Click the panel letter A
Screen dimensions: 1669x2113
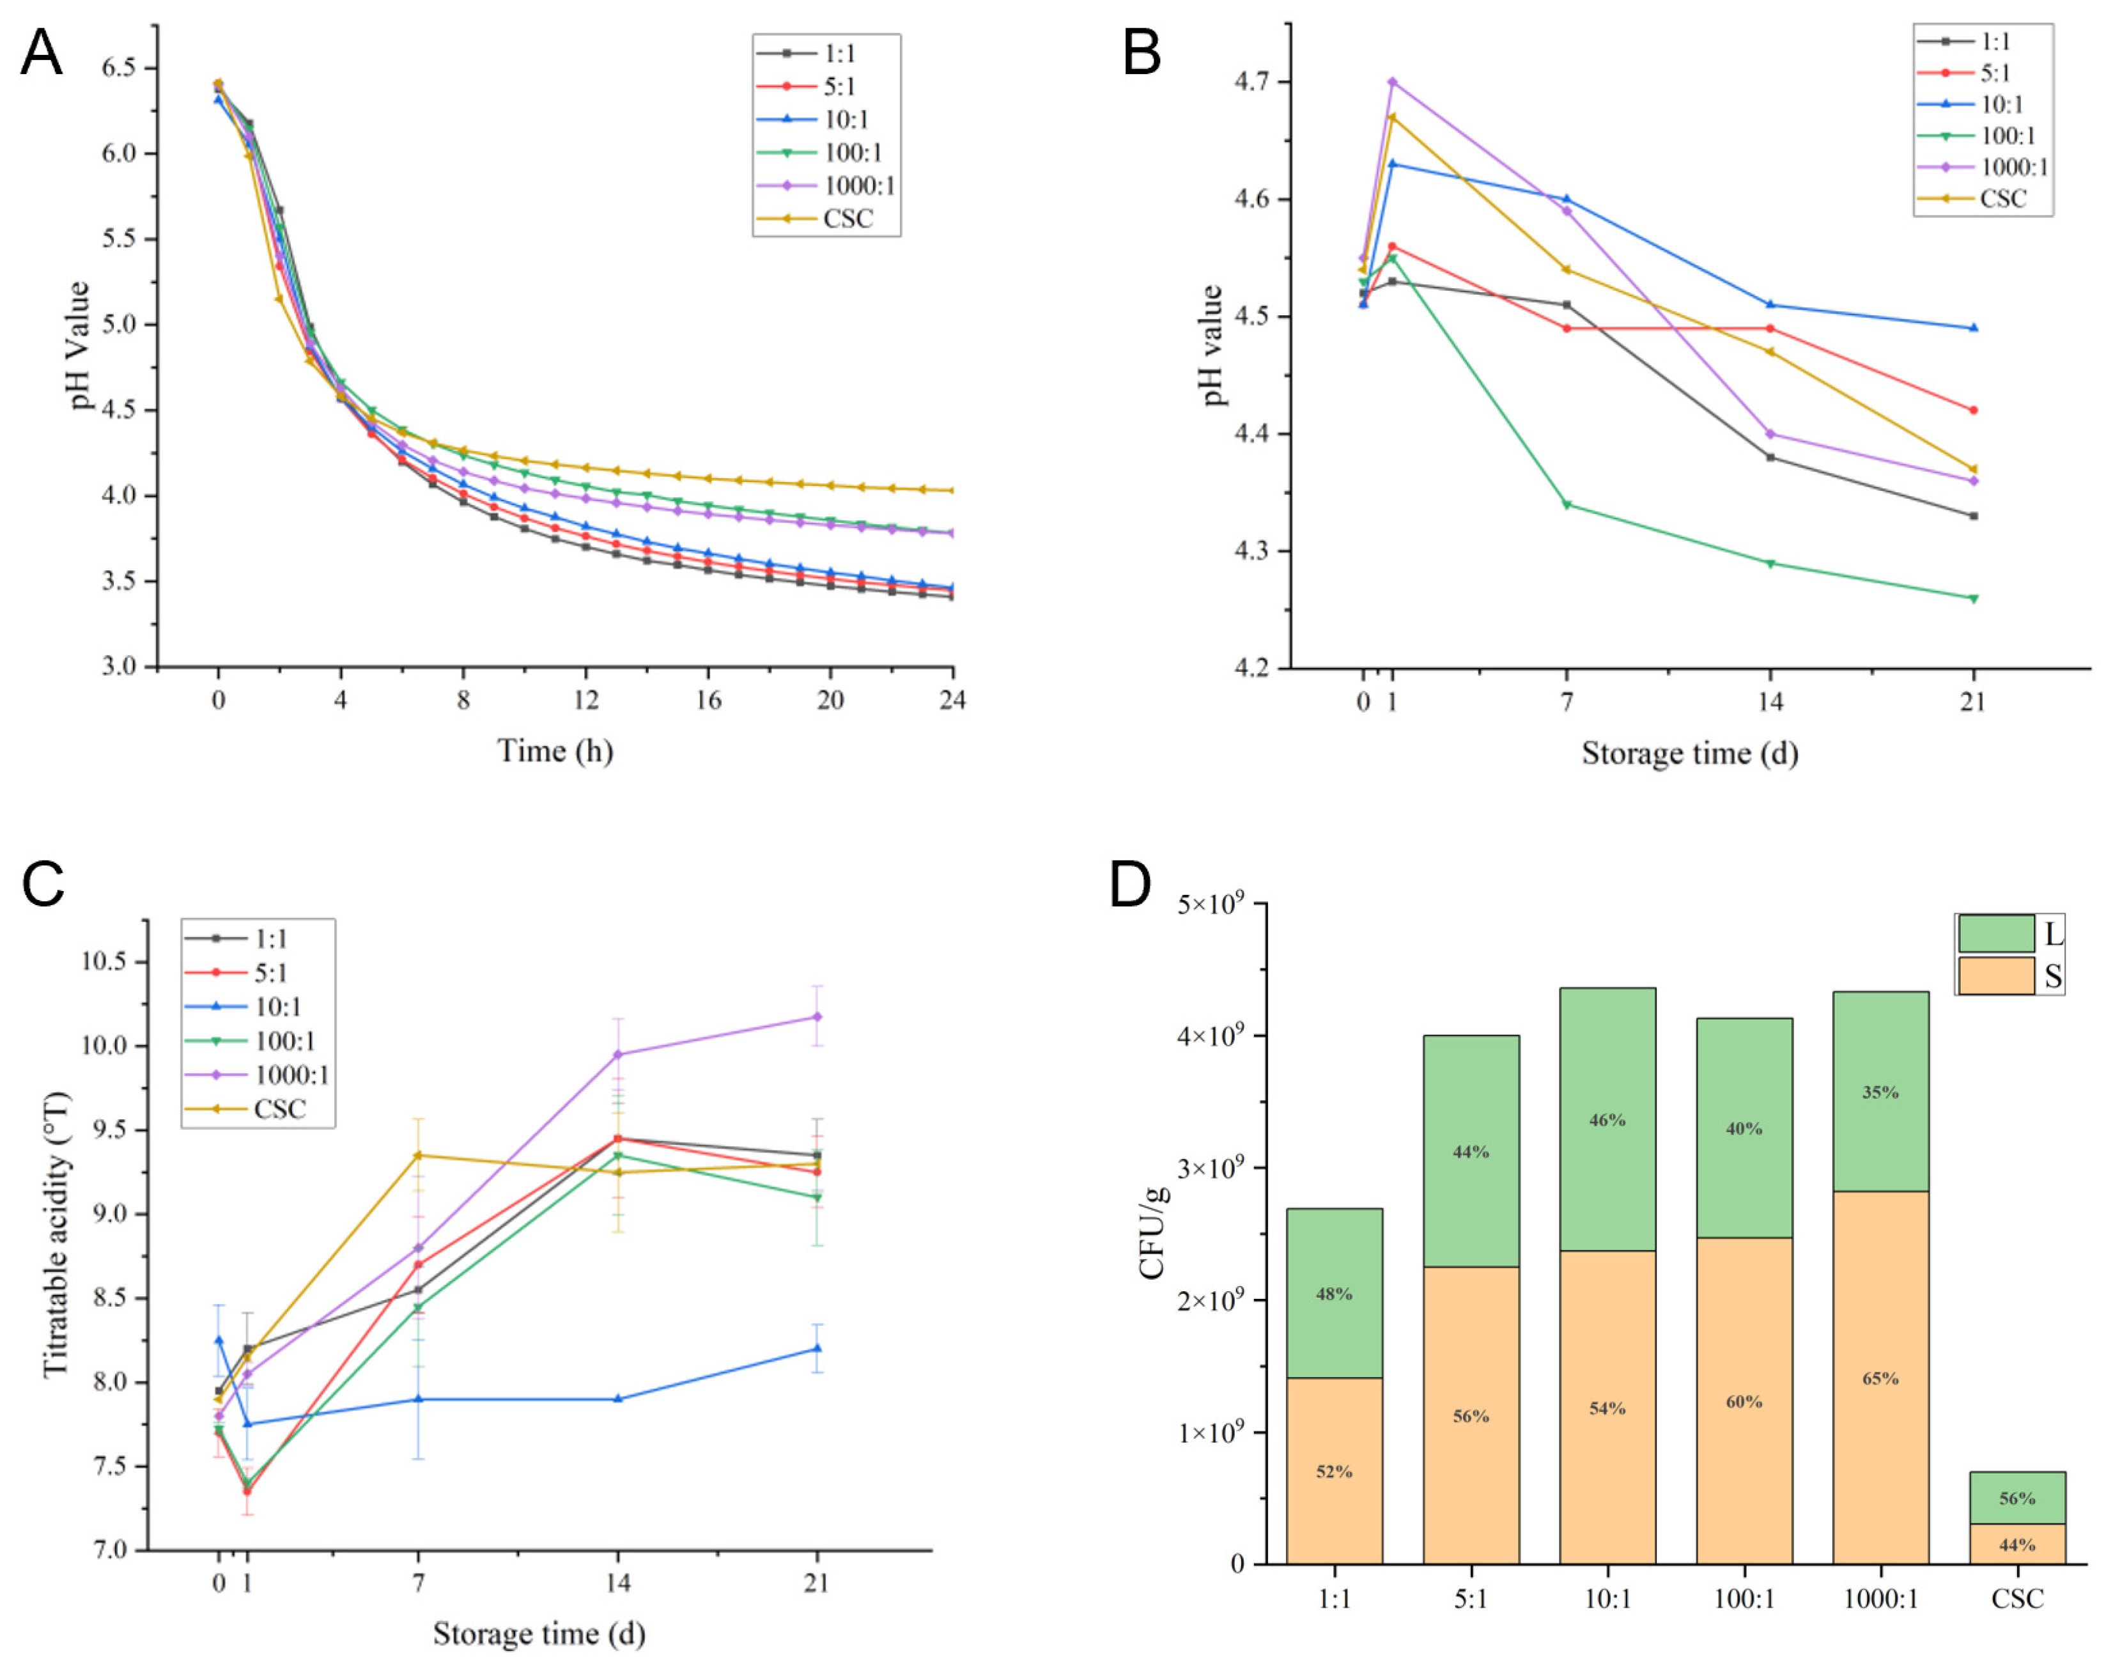point(41,53)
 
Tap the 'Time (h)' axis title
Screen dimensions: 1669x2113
point(555,750)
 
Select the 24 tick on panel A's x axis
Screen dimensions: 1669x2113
point(952,700)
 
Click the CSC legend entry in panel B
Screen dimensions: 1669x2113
point(2002,198)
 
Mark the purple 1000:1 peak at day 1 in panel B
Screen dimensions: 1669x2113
point(1392,82)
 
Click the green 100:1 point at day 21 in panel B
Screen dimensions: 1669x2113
point(1973,598)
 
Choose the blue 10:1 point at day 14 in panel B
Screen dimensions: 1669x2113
point(1770,305)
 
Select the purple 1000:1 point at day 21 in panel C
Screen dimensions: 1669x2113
point(817,1017)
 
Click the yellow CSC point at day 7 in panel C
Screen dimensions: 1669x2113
point(418,1155)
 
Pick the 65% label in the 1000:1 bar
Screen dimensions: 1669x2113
point(1880,1379)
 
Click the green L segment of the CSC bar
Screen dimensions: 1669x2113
point(2016,1498)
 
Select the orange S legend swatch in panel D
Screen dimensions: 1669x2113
point(1996,976)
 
